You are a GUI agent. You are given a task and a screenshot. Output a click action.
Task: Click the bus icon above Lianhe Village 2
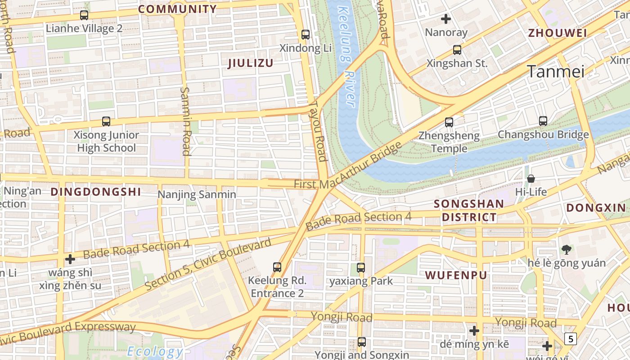pos(84,15)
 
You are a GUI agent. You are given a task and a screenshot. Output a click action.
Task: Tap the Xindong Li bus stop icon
pos(306,34)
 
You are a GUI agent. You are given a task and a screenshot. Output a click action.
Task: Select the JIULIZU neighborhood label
pos(251,63)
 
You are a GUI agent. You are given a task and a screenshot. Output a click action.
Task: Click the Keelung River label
pos(347,56)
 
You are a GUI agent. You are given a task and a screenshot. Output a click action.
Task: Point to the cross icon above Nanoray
pos(446,19)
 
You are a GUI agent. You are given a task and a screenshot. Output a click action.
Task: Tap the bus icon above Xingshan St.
pos(457,50)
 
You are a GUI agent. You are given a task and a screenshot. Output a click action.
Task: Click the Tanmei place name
pos(555,72)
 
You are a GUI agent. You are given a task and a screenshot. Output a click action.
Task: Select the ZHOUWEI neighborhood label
pos(558,33)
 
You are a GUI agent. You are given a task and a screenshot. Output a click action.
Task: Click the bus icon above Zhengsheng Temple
pos(449,122)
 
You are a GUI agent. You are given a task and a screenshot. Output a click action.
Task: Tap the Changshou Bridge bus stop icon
pos(543,121)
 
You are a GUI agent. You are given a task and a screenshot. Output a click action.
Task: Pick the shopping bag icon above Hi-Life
pos(531,179)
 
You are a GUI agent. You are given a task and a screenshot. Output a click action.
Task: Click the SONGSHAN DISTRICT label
pos(469,211)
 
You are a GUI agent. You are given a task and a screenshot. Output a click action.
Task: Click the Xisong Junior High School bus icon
pos(106,121)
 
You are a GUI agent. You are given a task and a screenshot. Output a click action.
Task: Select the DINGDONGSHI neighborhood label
pos(96,192)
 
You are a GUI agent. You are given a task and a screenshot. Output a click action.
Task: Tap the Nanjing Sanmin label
pos(197,194)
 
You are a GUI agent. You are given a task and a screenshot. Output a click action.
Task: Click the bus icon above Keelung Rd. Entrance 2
pos(277,267)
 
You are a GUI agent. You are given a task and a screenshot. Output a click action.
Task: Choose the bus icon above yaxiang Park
pos(361,268)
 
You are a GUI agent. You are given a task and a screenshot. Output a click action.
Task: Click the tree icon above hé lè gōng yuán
pos(566,249)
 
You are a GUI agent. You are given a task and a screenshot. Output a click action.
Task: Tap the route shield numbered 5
pos(571,338)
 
